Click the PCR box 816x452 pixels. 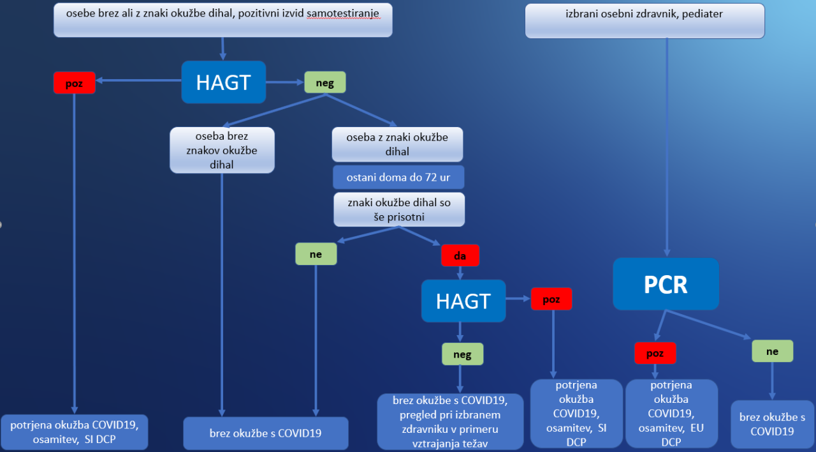click(666, 284)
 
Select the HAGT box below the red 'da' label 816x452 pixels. click(463, 301)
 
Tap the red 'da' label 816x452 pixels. click(460, 255)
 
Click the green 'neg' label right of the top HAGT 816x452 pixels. click(324, 82)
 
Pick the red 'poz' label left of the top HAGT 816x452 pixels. click(74, 83)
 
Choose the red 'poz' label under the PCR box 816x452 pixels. click(655, 352)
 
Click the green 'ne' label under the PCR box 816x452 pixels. click(772, 351)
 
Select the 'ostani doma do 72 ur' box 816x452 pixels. click(398, 177)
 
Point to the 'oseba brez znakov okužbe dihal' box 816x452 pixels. click(222, 150)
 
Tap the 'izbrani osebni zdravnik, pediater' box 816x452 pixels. click(644, 20)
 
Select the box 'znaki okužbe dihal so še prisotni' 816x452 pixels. click(399, 209)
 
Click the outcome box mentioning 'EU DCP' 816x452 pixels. click(671, 414)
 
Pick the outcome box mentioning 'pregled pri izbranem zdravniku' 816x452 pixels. click(450, 421)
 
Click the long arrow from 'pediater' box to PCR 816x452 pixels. click(667, 147)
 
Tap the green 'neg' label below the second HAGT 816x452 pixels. click(462, 354)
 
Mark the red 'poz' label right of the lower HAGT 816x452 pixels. click(551, 299)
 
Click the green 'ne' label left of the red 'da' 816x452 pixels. click(316, 254)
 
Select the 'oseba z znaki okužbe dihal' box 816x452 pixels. click(397, 144)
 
